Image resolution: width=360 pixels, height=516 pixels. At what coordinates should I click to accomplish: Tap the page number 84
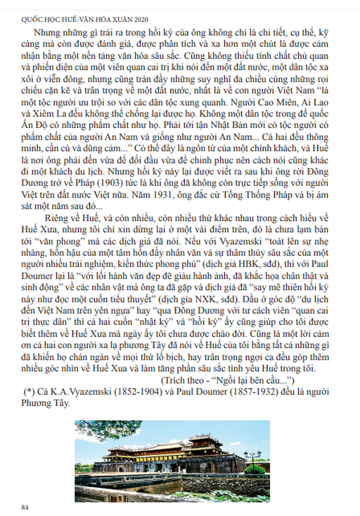pos(25,507)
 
